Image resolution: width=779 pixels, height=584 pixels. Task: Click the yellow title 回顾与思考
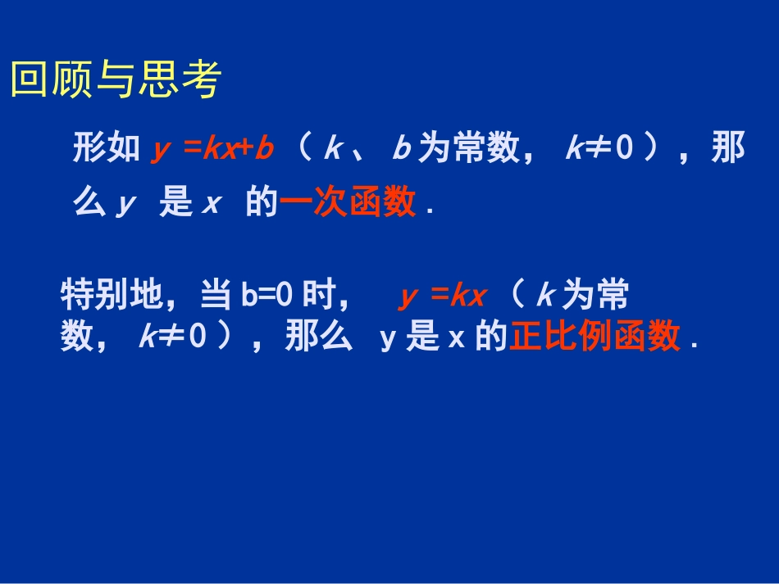click(116, 81)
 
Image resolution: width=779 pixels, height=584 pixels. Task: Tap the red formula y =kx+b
click(212, 150)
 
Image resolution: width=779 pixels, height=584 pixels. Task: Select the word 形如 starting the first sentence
click(106, 149)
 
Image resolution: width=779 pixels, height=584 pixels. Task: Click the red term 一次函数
click(348, 203)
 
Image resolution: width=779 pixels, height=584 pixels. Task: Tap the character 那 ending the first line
click(728, 149)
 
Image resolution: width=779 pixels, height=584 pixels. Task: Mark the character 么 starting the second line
click(89, 203)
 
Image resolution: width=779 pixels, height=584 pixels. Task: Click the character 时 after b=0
click(319, 296)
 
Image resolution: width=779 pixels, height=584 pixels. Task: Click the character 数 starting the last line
click(76, 337)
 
